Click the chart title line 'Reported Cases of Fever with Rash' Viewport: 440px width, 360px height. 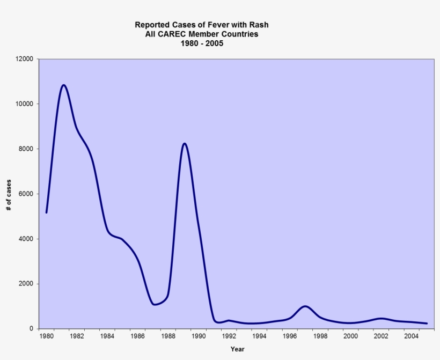pos(201,25)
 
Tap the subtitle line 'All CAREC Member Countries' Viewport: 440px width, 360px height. pos(201,34)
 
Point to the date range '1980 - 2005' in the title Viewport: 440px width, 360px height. pos(201,43)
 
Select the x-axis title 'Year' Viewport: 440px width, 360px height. pos(237,349)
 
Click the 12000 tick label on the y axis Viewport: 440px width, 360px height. pos(25,58)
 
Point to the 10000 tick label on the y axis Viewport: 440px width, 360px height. pos(25,104)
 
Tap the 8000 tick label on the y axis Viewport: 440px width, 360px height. pos(26,149)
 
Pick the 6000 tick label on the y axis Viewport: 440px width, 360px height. pos(26,194)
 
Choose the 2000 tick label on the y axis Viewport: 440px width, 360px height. pos(26,284)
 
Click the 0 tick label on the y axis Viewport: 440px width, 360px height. pos(31,329)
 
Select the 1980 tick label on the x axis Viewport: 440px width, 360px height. pos(46,336)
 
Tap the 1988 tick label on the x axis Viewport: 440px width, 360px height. pos(168,336)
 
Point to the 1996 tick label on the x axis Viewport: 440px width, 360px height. pos(290,336)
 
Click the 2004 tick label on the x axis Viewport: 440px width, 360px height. pos(412,336)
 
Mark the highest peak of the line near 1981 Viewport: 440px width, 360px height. pos(64,85)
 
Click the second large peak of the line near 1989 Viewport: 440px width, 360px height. pos(184,143)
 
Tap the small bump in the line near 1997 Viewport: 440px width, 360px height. pos(305,306)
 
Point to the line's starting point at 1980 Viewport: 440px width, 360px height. pos(47,212)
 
